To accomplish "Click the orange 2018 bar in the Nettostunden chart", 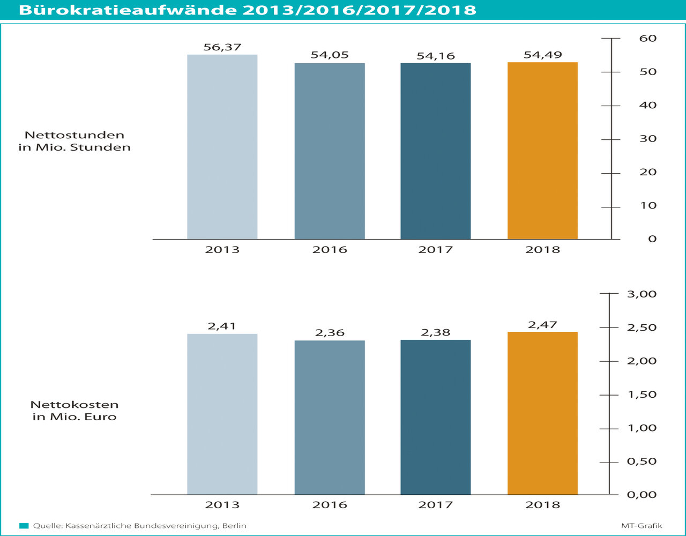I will coord(542,151).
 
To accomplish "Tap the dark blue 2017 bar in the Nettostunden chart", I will coord(435,151).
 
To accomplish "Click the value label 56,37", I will coord(222,47).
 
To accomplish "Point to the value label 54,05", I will coord(330,55).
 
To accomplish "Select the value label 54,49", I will coord(543,55).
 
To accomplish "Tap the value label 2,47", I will coord(542,324).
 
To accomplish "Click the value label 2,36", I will coord(330,333).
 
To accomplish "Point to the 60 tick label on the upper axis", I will coord(647,39).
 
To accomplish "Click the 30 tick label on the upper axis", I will coord(647,139).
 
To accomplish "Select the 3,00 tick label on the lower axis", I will coord(641,294).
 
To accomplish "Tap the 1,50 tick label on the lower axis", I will coord(641,394).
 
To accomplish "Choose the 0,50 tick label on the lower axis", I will coord(641,461).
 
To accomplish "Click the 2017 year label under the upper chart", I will coord(435,250).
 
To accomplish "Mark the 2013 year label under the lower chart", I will coord(222,505).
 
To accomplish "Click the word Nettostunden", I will coord(74,135).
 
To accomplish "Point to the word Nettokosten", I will coord(74,405).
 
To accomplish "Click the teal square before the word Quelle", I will coord(24,526).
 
